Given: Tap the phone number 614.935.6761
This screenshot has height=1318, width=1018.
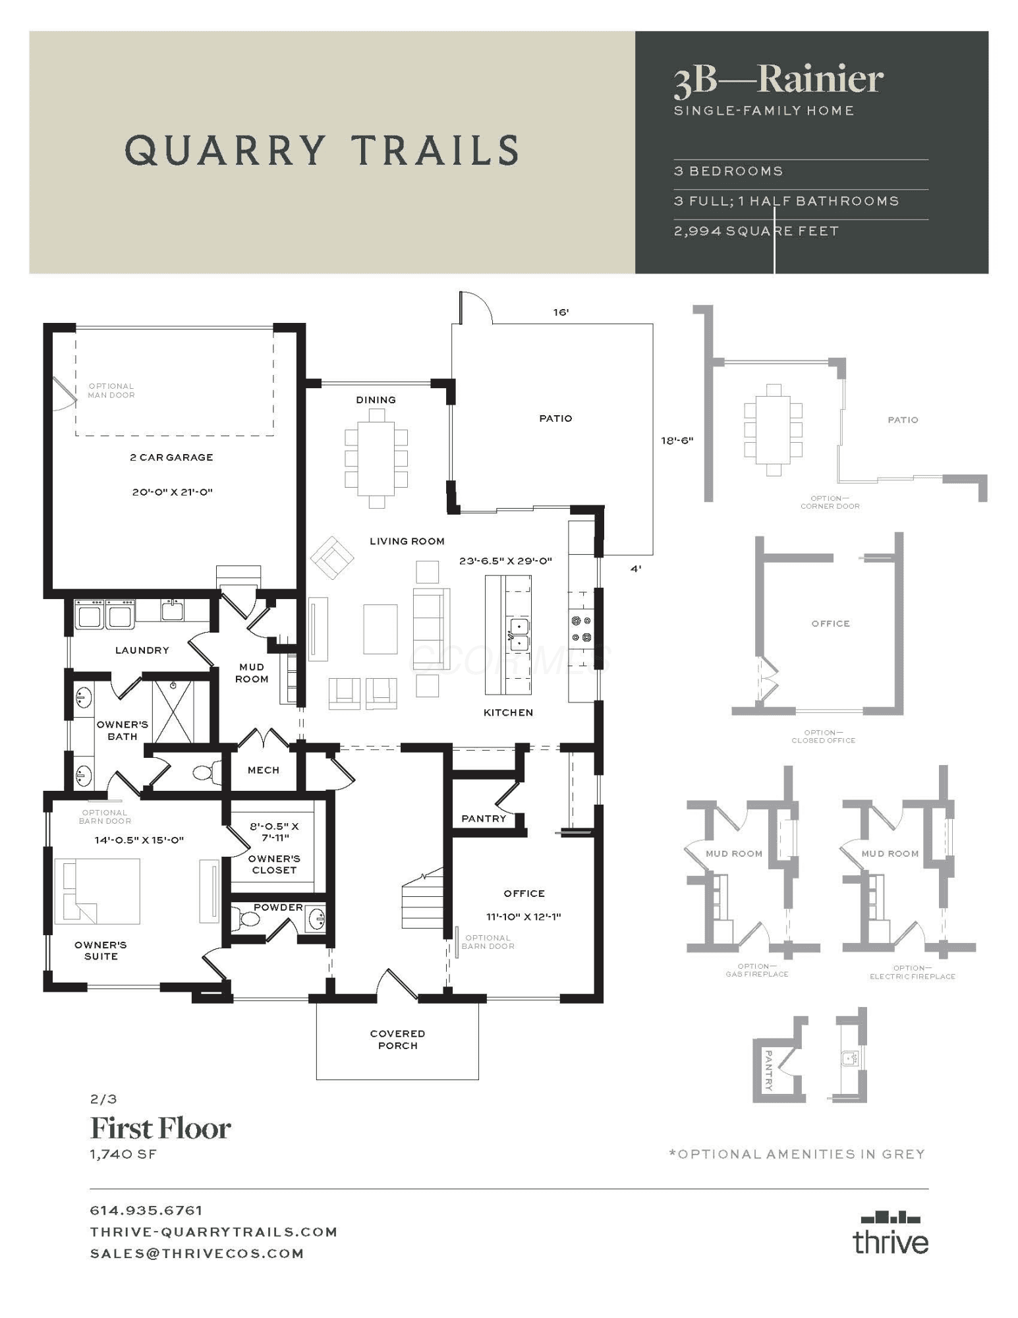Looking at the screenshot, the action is [x=146, y=1211].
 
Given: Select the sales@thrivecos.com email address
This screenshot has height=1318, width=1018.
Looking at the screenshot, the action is [x=197, y=1253].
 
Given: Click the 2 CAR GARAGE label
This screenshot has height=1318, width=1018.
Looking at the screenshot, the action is [x=171, y=457].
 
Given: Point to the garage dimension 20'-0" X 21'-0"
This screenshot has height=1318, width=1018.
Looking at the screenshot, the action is [x=172, y=492].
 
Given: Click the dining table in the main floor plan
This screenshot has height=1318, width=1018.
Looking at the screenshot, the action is [x=376, y=458].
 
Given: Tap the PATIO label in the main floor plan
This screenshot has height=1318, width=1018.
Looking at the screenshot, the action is [x=555, y=418].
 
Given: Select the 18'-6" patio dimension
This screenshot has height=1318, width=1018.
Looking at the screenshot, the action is [x=677, y=440].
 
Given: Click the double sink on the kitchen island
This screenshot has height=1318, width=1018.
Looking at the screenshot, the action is [x=519, y=634].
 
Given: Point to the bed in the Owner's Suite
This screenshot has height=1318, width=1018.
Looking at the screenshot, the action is [x=97, y=891].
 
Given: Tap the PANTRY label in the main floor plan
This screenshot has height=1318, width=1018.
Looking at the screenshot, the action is [x=484, y=818].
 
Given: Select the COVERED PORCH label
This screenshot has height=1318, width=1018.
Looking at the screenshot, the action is [x=397, y=1039].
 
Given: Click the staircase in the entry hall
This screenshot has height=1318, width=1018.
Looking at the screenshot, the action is [x=422, y=899].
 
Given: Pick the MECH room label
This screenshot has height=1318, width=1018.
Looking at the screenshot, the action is [x=264, y=770].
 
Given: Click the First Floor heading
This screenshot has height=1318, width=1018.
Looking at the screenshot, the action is [x=160, y=1128].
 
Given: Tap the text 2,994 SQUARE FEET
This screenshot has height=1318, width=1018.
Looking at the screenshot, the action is [x=756, y=231].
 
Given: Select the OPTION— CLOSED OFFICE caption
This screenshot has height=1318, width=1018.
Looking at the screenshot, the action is [x=824, y=736].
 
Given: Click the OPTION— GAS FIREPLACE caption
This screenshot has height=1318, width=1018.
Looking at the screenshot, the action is [x=757, y=970].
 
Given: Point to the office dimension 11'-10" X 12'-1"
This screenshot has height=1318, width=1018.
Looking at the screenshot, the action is [x=524, y=917].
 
